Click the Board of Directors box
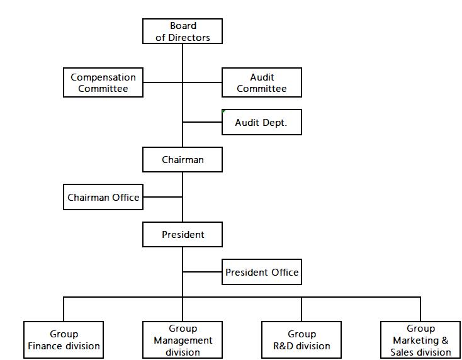183,31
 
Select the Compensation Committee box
103,82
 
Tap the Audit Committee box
262,82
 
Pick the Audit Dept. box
262,122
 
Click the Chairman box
183,160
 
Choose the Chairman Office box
103,197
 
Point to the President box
183,235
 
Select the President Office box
262,272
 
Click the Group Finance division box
64,340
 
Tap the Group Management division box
183,340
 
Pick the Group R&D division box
301,340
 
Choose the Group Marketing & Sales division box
420,340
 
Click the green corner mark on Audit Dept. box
223,111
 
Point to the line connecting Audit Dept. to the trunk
202,122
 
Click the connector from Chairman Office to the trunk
162,197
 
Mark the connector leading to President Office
202,272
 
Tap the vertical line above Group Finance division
64,309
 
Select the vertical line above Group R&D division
301,309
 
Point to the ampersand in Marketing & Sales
444,340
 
